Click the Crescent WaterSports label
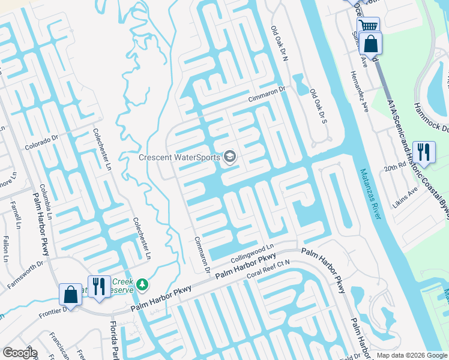click(178, 158)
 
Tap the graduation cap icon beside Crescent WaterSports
click(229, 157)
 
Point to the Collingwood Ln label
click(252, 253)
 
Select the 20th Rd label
click(396, 168)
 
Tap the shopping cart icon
click(368, 26)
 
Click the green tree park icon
click(142, 283)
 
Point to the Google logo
click(20, 353)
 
